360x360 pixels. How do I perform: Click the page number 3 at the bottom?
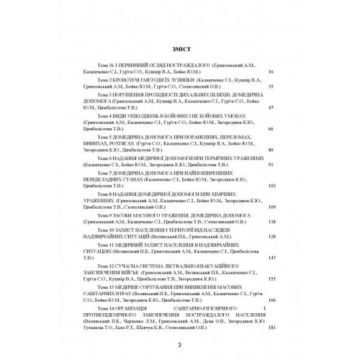click(179, 344)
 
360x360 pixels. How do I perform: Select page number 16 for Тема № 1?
click(271, 71)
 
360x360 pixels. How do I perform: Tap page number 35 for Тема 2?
click(271, 86)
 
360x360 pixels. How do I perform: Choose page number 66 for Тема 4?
click(271, 128)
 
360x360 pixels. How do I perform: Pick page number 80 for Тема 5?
click(271, 149)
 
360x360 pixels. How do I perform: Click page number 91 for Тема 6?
click(271, 164)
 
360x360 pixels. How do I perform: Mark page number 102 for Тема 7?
click(270, 185)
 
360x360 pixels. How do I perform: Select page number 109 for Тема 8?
click(270, 206)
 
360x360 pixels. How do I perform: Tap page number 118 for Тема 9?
click(270, 221)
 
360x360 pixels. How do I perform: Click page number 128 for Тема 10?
click(270, 236)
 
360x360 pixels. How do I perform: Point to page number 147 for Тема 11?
click(270, 257)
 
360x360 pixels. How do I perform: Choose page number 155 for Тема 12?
click(270, 279)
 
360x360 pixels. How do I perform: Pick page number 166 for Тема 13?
click(270, 300)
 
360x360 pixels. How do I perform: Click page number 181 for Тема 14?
click(270, 328)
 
